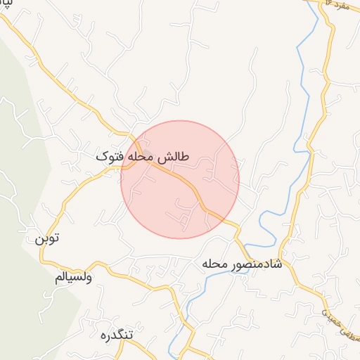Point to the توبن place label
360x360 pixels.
(47, 238)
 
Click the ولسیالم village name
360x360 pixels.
(74, 277)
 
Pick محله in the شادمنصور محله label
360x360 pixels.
(217, 264)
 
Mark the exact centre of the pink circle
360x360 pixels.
(180, 179)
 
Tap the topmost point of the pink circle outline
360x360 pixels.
(180, 120)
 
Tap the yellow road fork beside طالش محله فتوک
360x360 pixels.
(131, 165)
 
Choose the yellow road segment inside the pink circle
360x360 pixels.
(184, 181)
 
